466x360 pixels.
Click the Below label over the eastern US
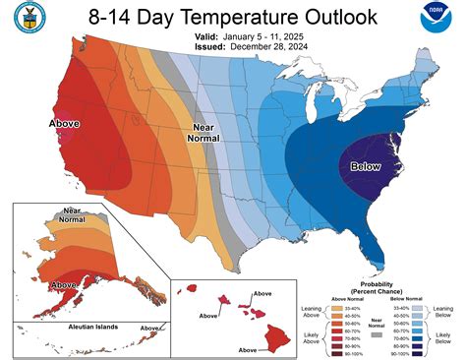[x=365, y=166]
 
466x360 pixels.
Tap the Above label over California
[x=64, y=124]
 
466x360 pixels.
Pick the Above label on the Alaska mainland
[x=64, y=284]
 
